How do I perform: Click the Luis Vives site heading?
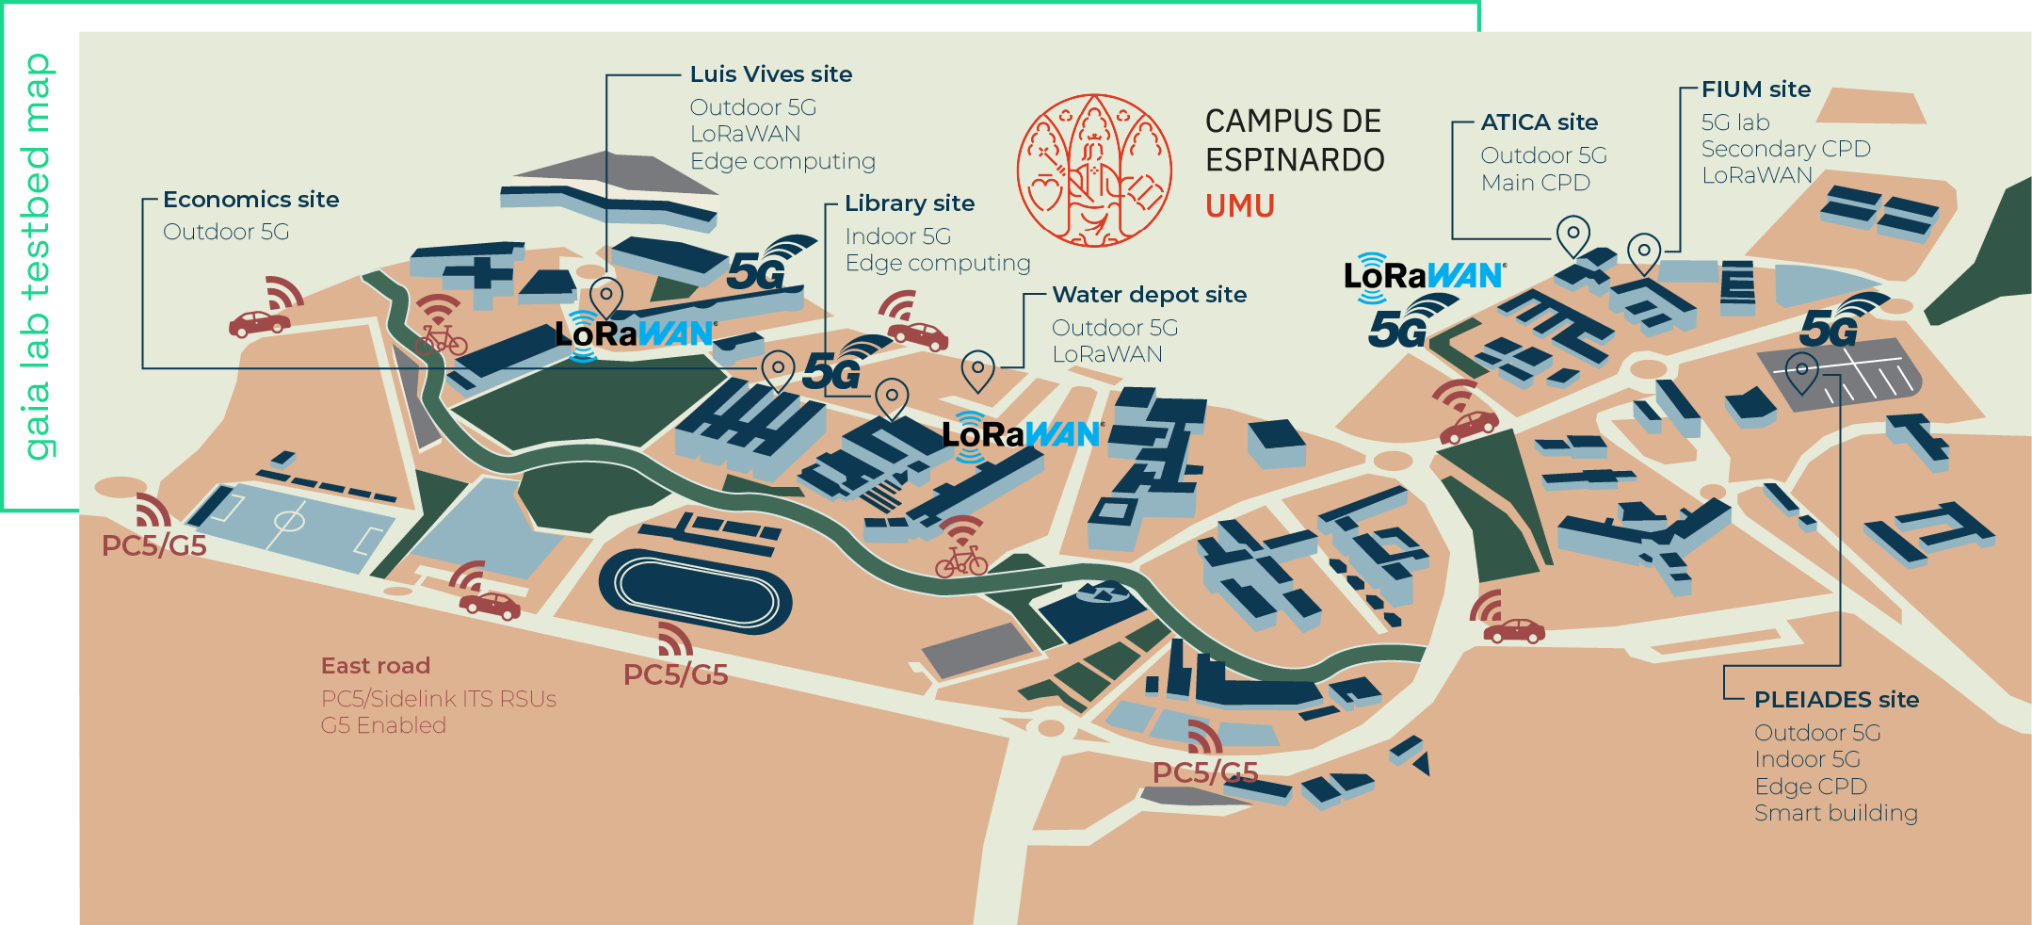pos(770,74)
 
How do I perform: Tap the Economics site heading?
pos(250,200)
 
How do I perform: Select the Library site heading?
pos(909,203)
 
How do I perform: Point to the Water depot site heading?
pos(1149,295)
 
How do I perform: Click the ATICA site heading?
pos(1539,122)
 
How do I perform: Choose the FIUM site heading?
pos(1755,89)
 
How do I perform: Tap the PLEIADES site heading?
pos(1835,700)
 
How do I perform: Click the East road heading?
pos(375,666)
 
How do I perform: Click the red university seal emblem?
pos(1094,170)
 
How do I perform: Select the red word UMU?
pos(1239,206)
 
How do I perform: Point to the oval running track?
pos(695,592)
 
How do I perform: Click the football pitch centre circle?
pos(289,520)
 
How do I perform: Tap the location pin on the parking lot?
pos(1801,371)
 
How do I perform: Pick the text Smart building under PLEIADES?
pos(1835,813)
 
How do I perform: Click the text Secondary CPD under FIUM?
pos(1785,149)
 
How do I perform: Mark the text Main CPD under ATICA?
pos(1535,183)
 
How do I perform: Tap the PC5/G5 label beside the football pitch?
pos(153,546)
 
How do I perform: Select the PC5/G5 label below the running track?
pos(675,675)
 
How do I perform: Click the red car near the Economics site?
pos(259,323)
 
